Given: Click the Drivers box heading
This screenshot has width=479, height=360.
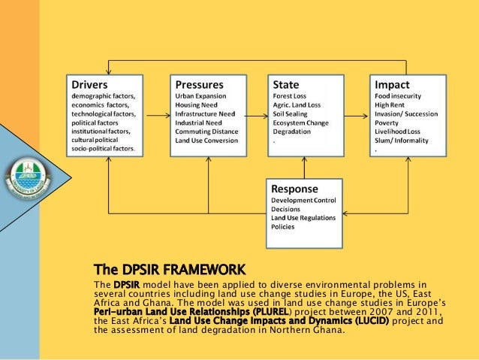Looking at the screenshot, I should [89, 84].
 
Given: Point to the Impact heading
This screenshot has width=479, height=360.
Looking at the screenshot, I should [392, 84].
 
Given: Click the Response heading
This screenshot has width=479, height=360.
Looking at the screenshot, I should [294, 188].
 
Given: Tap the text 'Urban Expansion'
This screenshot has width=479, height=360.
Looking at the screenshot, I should [202, 96].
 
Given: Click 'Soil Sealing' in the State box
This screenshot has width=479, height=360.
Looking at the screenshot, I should [291, 113].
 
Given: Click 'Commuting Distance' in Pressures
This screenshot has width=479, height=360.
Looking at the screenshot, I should [206, 131].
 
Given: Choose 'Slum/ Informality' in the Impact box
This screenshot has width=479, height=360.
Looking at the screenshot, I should [401, 140].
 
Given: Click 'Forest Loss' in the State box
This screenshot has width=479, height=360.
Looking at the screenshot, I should [291, 96].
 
